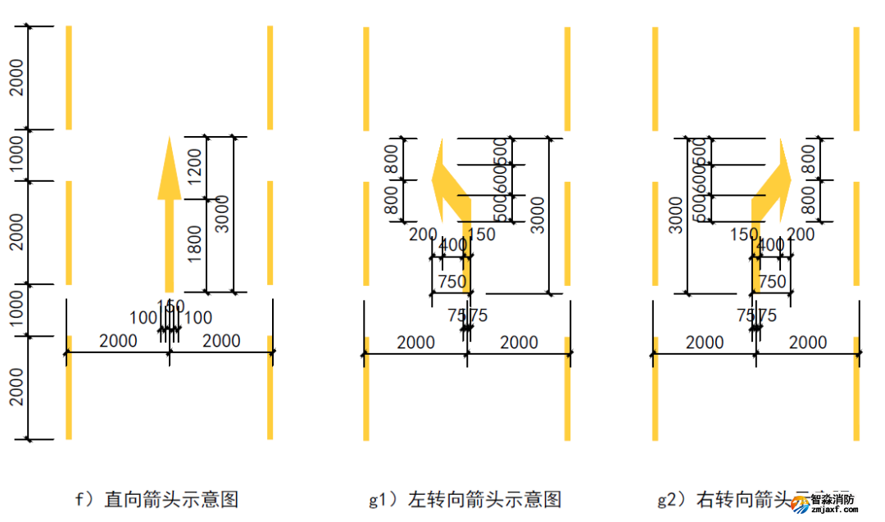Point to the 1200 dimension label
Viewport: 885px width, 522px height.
[x=195, y=167]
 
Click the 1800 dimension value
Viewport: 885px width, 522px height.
[x=195, y=244]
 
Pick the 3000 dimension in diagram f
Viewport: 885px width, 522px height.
[x=222, y=214]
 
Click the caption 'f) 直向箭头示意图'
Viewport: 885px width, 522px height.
[x=157, y=498]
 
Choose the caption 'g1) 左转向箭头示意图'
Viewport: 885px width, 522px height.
[x=465, y=498]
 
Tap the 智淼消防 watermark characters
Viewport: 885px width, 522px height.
[x=833, y=497]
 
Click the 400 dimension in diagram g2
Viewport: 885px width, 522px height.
[x=769, y=245]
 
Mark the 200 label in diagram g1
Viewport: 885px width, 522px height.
[x=423, y=234]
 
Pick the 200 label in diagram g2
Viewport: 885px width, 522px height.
[x=801, y=234]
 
